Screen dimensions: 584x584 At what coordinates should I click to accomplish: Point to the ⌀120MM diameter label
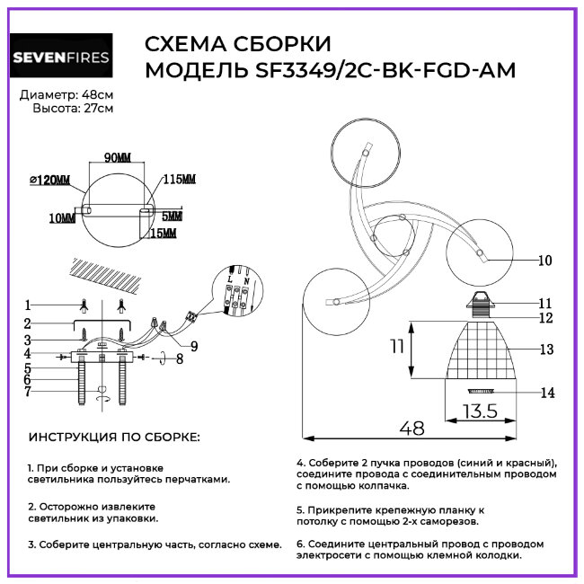50,181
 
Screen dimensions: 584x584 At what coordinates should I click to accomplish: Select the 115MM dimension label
179,180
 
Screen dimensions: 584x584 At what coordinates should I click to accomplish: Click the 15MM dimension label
163,234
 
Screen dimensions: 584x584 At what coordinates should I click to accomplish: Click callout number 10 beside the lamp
544,261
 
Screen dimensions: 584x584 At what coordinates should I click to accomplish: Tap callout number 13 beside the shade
544,349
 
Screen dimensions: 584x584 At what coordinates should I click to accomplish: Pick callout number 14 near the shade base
544,393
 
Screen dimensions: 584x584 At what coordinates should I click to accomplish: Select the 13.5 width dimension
480,412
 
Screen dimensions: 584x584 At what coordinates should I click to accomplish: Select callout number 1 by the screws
28,304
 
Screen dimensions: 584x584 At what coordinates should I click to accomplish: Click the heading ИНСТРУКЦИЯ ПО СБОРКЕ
115,438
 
